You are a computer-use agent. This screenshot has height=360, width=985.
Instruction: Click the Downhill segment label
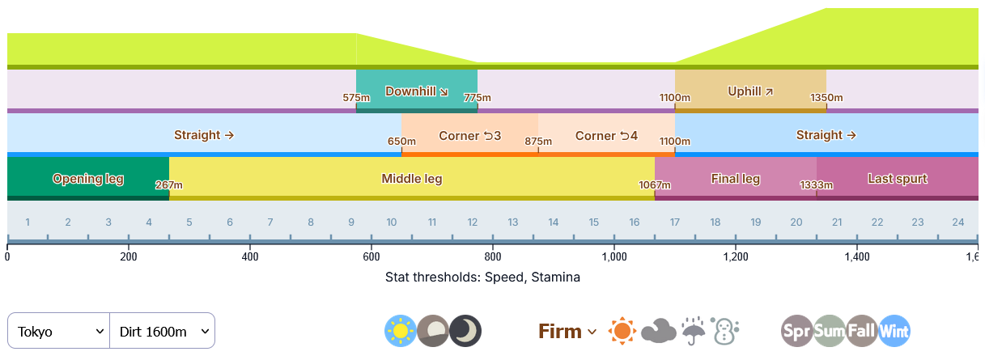[417, 91]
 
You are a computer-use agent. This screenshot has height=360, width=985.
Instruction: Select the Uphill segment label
[750, 91]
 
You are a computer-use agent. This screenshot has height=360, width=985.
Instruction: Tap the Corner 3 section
[469, 135]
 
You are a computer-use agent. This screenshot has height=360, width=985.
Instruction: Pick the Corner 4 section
[606, 135]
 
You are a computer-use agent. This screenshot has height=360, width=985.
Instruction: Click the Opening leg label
[88, 179]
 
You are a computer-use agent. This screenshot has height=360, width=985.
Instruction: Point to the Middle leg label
[412, 179]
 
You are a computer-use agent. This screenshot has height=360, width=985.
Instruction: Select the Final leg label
[735, 179]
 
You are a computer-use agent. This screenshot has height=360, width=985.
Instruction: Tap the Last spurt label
[898, 179]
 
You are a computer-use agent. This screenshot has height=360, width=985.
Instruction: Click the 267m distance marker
[169, 185]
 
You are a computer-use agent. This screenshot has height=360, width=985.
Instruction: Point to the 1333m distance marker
[817, 185]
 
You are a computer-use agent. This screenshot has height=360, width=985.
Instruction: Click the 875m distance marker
[538, 142]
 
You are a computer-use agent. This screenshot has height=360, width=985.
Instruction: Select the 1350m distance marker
[826, 98]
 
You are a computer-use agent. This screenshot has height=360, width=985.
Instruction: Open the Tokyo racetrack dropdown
[59, 331]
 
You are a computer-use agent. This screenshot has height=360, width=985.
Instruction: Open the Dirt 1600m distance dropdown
[162, 331]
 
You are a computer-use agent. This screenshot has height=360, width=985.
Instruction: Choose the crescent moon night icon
[465, 331]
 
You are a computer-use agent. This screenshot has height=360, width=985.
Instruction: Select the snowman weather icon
[725, 331]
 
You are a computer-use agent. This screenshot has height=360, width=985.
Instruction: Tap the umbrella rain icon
[693, 331]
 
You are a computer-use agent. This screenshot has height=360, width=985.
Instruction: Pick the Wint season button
[894, 331]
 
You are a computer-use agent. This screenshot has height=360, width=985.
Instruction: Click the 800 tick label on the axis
[493, 257]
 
